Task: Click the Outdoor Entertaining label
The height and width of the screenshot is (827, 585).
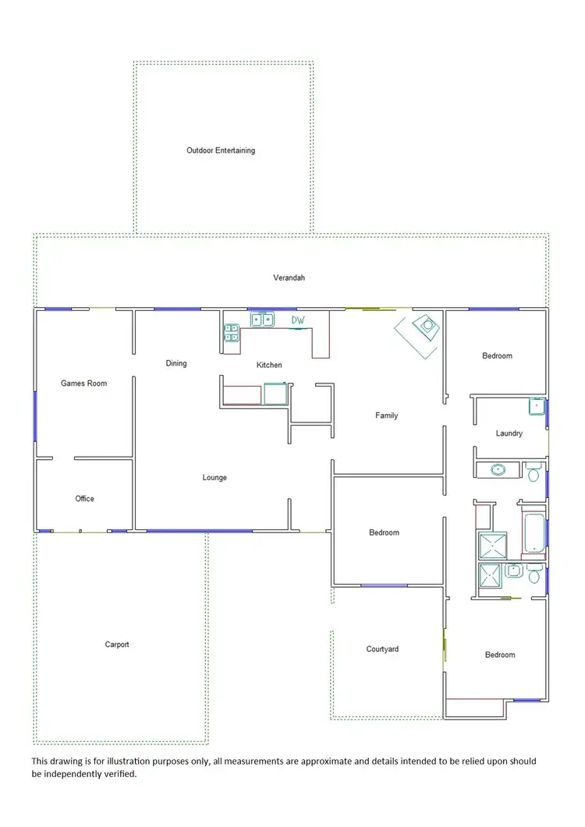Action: (x=221, y=150)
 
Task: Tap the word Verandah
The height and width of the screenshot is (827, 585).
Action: (x=288, y=277)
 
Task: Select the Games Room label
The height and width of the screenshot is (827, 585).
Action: (x=84, y=383)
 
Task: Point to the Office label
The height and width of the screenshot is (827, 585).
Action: (x=84, y=499)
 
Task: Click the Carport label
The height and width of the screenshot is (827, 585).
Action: (x=117, y=645)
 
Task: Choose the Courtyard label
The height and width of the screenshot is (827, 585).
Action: (x=382, y=649)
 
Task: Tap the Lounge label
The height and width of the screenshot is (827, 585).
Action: (x=214, y=478)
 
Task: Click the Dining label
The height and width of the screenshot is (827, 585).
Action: (x=176, y=363)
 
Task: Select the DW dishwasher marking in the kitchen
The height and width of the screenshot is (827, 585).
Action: (x=298, y=320)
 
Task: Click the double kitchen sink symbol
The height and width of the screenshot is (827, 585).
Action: (x=262, y=319)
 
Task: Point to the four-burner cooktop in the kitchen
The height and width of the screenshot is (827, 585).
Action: (x=230, y=332)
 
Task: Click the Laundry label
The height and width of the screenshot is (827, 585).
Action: (x=509, y=433)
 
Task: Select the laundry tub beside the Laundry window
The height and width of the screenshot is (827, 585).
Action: (x=537, y=406)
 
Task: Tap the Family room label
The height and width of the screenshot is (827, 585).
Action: (x=387, y=415)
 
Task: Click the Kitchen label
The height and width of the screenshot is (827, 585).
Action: (x=270, y=365)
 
